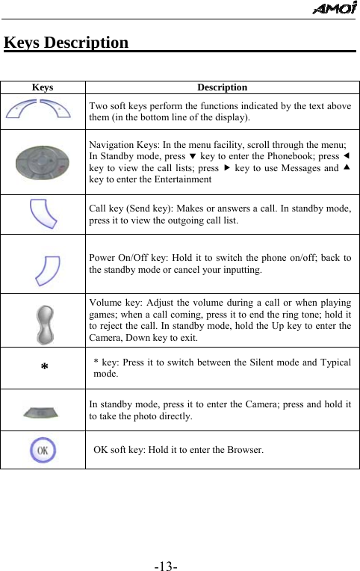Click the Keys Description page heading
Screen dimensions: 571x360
[66, 42]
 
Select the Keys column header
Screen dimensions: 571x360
[43, 87]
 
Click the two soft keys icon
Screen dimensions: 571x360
[43, 111]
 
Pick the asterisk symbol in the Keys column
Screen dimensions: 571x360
[44, 368]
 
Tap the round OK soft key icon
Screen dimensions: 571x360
[43, 450]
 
